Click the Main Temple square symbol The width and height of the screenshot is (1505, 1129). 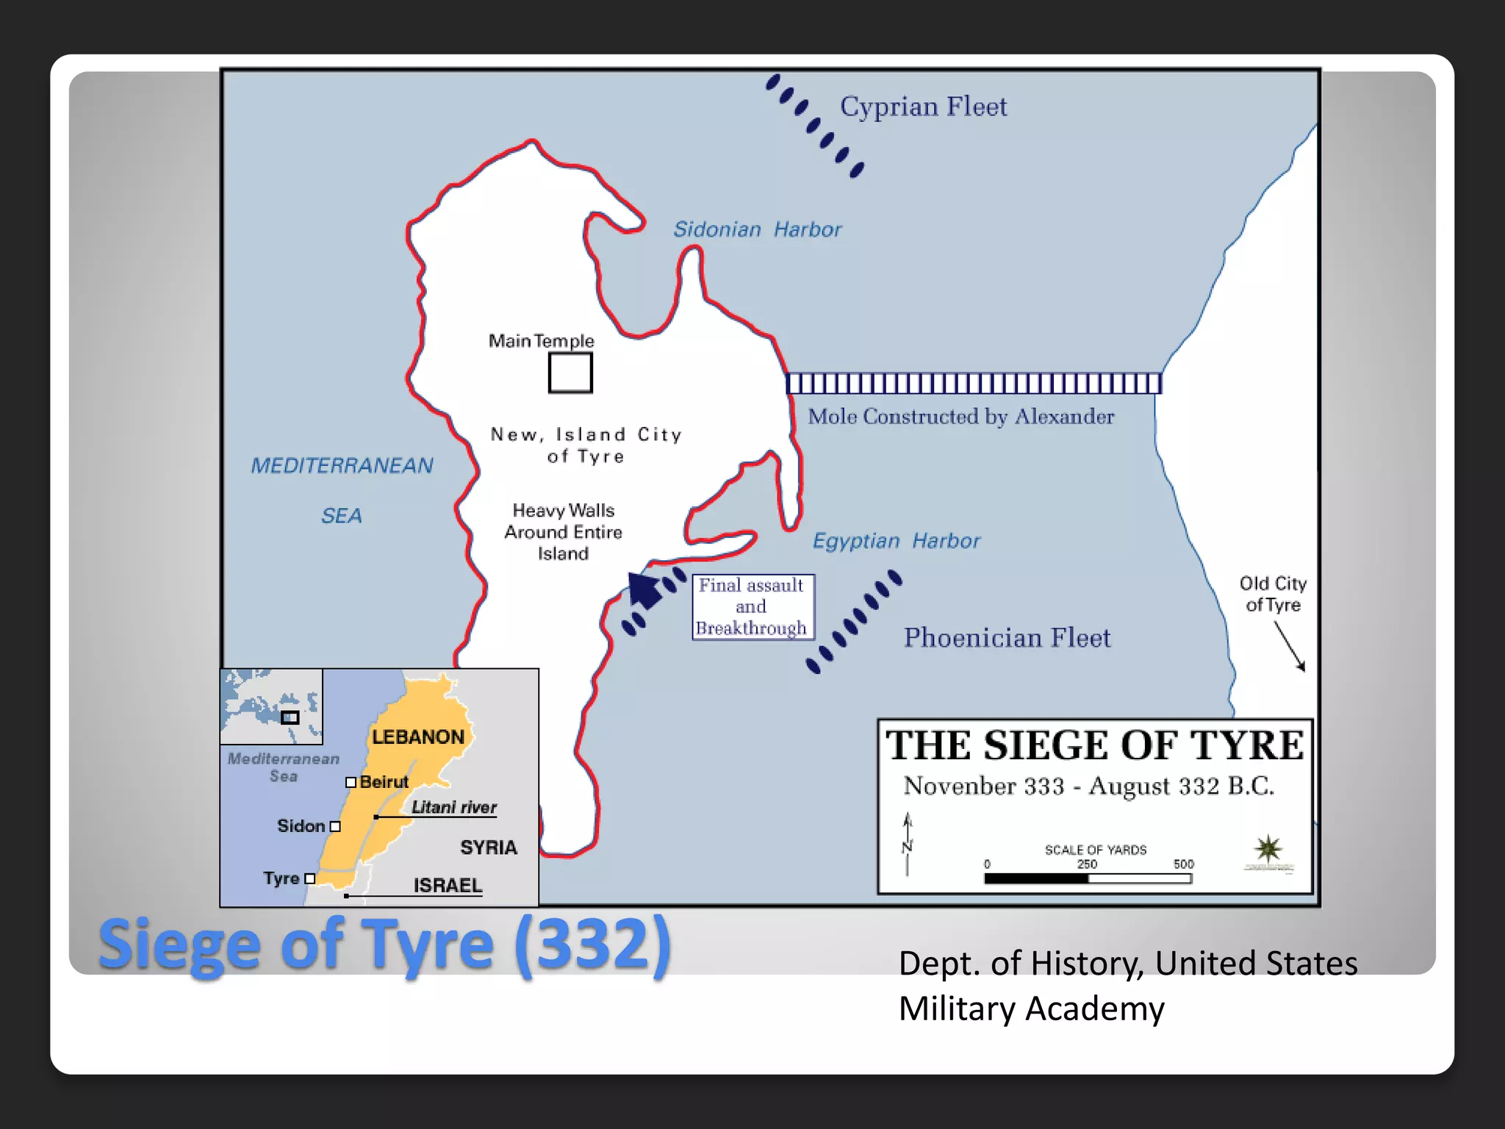pyautogui.click(x=570, y=373)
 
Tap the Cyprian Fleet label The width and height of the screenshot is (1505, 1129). pyautogui.click(x=923, y=107)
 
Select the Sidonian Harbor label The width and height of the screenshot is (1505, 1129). pyautogui.click(x=757, y=229)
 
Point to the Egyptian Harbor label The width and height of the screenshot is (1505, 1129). pyautogui.click(x=896, y=541)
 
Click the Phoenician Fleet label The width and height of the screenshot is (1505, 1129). pyautogui.click(x=1007, y=638)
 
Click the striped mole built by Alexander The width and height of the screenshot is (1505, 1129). pyautogui.click(x=974, y=384)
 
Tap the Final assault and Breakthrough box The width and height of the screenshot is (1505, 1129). pyautogui.click(x=752, y=607)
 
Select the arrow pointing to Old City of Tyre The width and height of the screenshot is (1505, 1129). pyautogui.click(x=1290, y=646)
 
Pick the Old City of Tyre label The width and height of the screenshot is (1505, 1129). pyautogui.click(x=1273, y=594)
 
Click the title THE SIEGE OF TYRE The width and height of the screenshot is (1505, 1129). pyautogui.click(x=1095, y=745)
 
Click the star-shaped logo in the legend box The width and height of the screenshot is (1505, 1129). pyautogui.click(x=1268, y=850)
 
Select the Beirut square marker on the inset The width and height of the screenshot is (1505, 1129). pyautogui.click(x=351, y=782)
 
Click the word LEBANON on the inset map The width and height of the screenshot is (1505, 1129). pyautogui.click(x=417, y=737)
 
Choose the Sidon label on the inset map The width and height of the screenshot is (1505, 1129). pyautogui.click(x=301, y=826)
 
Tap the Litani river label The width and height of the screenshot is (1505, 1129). pyautogui.click(x=454, y=807)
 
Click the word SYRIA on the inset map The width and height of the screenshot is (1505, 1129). pyautogui.click(x=489, y=847)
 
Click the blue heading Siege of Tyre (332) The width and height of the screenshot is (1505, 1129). pyautogui.click(x=384, y=945)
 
